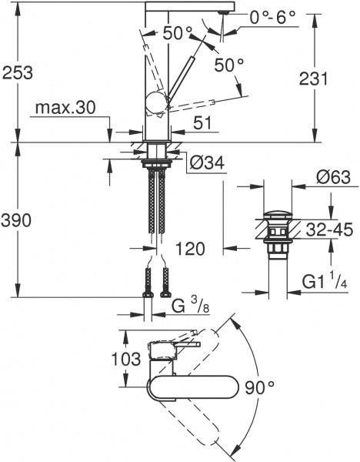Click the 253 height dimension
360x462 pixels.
17,73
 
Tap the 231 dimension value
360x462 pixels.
313,79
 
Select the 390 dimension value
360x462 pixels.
17,221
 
